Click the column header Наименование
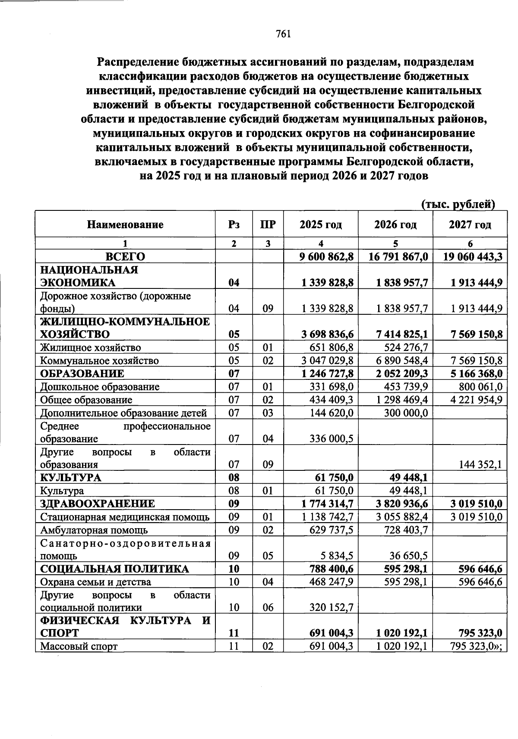(x=125, y=225)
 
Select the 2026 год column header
(x=395, y=225)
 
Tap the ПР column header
(x=268, y=225)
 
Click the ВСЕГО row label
(x=125, y=257)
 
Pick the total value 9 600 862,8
(x=327, y=257)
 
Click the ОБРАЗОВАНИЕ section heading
(x=82, y=373)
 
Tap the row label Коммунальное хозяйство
(x=99, y=360)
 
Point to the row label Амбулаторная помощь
(x=94, y=530)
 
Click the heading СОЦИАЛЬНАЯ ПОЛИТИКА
(x=114, y=569)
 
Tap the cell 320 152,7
(x=332, y=607)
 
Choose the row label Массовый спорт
(x=79, y=646)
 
